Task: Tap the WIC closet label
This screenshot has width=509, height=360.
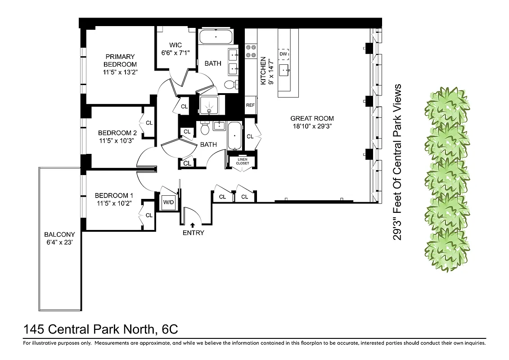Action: pos(176,45)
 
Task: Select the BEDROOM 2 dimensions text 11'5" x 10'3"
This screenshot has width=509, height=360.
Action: pos(117,141)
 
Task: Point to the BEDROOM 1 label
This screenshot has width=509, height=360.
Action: pos(114,195)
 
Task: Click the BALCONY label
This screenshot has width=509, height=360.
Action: pos(59,235)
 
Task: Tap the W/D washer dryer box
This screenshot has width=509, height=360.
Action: pos(169,202)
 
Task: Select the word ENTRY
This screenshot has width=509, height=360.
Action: pos(193,233)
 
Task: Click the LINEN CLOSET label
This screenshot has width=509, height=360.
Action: pos(242,161)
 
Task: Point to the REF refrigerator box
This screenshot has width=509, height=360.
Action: pos(250,105)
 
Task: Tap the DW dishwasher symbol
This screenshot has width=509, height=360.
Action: pos(283,54)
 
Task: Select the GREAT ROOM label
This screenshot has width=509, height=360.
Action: pos(312,119)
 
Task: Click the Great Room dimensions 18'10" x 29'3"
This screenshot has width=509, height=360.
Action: pos(312,126)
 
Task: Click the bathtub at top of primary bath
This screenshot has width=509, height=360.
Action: pos(216,36)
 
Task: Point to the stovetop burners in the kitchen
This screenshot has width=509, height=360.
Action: pos(250,51)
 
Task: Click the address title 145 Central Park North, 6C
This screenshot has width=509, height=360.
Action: pos(100,329)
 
